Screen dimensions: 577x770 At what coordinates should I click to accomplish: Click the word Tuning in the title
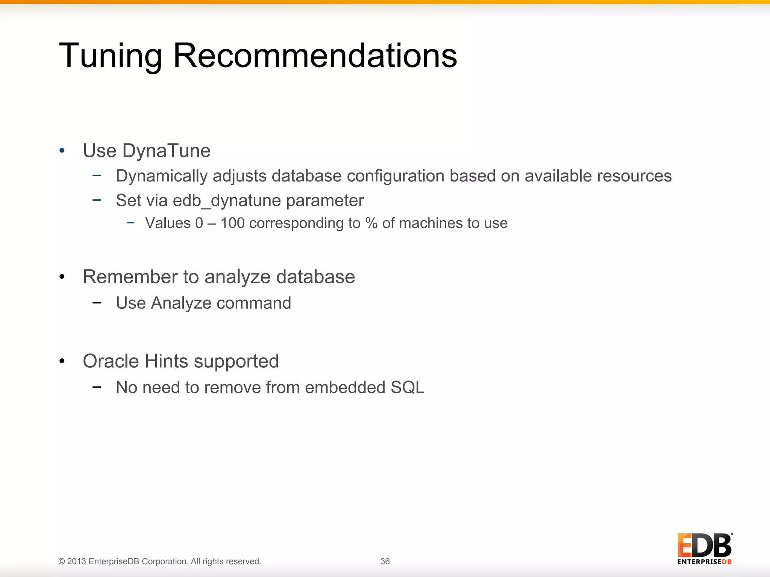click(110, 56)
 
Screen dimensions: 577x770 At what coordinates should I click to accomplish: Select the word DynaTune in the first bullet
click(166, 151)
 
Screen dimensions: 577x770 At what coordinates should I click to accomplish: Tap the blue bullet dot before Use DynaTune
click(62, 151)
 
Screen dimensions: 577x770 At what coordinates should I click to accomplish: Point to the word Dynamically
click(161, 176)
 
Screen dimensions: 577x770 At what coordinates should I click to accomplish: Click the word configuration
click(395, 176)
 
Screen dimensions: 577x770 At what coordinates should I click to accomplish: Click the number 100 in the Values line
click(232, 223)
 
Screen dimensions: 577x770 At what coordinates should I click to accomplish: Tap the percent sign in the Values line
click(371, 223)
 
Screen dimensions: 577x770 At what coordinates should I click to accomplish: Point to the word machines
click(431, 223)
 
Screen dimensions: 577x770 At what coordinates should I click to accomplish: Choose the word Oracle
click(111, 361)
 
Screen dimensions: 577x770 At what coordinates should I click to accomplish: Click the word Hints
click(166, 361)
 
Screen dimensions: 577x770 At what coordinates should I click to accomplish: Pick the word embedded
click(345, 387)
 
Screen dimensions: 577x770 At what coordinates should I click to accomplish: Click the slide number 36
click(385, 561)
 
